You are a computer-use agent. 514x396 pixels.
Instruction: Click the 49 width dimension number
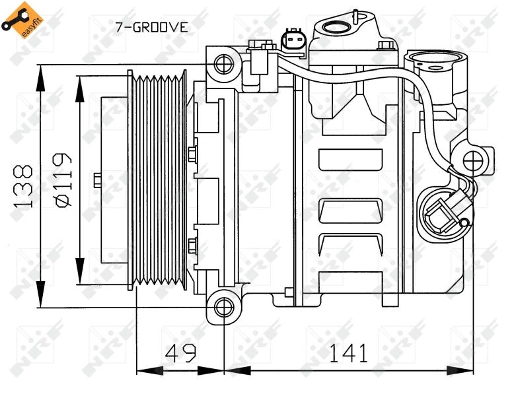pos(180,353)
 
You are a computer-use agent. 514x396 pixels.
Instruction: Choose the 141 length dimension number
pos(348,353)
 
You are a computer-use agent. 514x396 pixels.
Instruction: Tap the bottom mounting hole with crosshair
pos(225,307)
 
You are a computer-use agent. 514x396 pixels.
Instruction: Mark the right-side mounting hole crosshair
pos(474,160)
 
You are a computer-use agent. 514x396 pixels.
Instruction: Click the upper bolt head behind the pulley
pos(192,154)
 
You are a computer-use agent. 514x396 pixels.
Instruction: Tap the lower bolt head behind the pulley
pos(192,246)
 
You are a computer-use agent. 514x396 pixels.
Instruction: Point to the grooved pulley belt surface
pos(159,181)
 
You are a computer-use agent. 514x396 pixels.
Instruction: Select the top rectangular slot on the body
pos(350,159)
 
